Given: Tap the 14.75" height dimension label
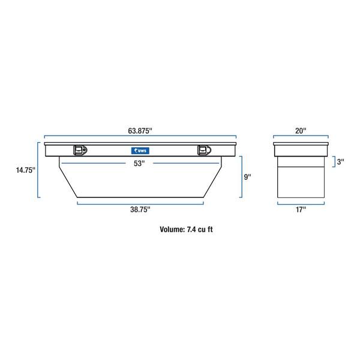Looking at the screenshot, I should tap(25, 170).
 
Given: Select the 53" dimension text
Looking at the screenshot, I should tap(140, 164).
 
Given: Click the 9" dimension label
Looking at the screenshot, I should tap(247, 177).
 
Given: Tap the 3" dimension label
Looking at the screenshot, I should tap(340, 161).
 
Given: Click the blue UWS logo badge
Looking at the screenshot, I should tap(140, 150).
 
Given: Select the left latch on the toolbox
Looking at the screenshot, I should tap(80, 151).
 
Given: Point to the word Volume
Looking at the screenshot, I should tap(172, 229).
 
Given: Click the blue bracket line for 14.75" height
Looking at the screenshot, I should tap(38, 170).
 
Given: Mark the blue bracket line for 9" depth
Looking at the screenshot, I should tap(241, 177).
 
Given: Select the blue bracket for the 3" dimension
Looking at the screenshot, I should tap(334, 161).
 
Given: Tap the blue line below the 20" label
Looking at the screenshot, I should tap(301, 136).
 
